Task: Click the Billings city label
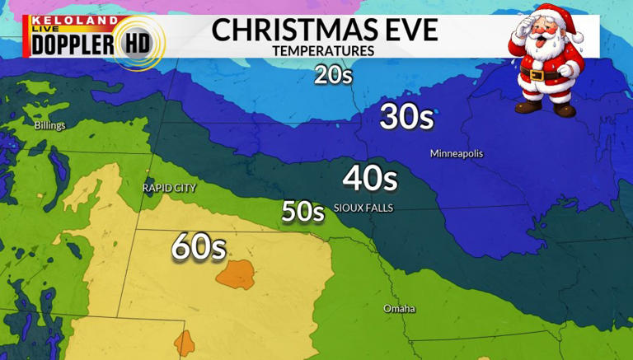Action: coord(49,126)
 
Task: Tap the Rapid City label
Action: coord(169,188)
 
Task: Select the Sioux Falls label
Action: coord(363,208)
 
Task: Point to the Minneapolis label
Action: coord(456,154)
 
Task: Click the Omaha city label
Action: coord(399,309)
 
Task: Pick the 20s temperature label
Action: coord(333,76)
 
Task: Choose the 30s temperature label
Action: coord(406,118)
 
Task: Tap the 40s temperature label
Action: coord(370,178)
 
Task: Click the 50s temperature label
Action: coord(302,212)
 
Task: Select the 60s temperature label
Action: coord(199,247)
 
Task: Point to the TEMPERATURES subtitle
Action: coord(323,51)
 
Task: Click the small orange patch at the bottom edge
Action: coord(184,342)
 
